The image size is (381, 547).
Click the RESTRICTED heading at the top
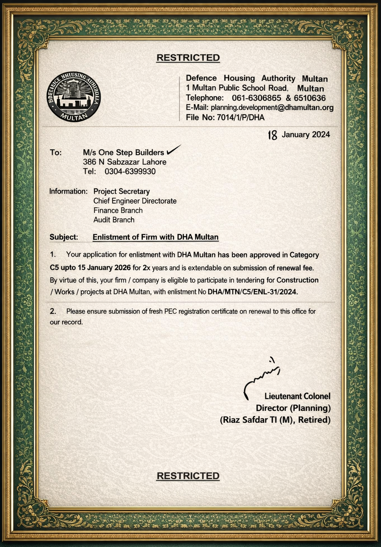tap(188, 58)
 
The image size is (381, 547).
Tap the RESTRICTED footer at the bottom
tap(188, 476)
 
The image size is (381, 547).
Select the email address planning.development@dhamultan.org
tap(272, 108)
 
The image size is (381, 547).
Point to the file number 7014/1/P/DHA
tap(240, 118)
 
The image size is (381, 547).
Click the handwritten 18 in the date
tap(272, 135)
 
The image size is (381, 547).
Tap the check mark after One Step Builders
tap(173, 150)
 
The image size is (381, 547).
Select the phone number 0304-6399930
tap(130, 172)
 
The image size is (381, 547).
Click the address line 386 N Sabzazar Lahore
tap(125, 162)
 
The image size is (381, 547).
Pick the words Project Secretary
tap(121, 191)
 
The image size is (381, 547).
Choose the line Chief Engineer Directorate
tap(135, 201)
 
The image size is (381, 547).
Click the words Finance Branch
tap(118, 210)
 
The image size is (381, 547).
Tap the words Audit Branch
tap(114, 220)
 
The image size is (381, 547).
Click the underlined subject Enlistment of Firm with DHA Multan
tap(156, 237)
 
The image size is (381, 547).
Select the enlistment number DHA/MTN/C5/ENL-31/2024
tap(253, 292)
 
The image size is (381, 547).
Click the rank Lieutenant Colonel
tap(297, 396)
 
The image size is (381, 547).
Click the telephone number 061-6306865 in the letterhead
tap(256, 98)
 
